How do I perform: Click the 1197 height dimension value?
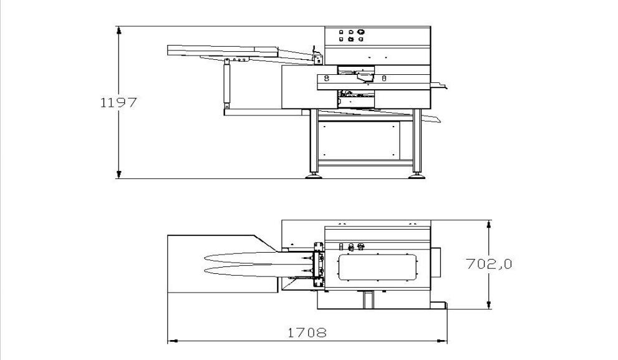[x=118, y=102]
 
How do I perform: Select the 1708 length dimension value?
[x=307, y=333]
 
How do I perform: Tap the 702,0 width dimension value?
[x=489, y=263]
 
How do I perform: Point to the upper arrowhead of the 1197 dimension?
[x=119, y=31]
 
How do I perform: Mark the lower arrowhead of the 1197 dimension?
[x=119, y=174]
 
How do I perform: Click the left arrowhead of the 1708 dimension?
[x=172, y=341]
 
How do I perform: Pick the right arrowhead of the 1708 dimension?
[x=443, y=341]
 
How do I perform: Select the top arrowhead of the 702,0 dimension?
[x=489, y=225]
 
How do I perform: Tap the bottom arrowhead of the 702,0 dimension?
[x=489, y=304]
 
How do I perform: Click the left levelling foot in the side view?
[x=314, y=176]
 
